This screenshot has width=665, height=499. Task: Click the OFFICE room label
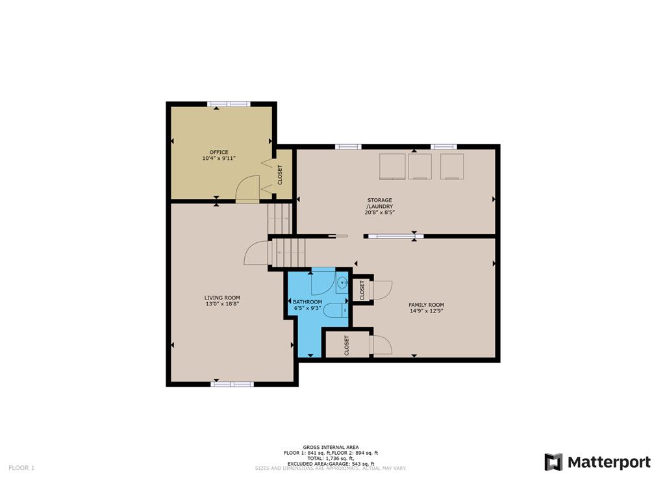point(219,152)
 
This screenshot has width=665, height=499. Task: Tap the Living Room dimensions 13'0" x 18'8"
point(222,304)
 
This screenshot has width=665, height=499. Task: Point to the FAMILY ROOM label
point(426,305)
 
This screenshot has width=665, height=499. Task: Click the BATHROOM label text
point(307,302)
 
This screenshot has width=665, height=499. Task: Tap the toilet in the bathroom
point(336,311)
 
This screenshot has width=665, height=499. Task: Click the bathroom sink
point(342,283)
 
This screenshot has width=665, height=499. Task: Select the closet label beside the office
point(280,174)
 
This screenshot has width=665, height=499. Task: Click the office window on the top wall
point(229,104)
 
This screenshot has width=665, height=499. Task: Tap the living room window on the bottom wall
point(232,385)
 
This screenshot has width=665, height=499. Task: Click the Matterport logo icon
point(553,462)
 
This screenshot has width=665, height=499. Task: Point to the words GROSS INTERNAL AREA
point(331,447)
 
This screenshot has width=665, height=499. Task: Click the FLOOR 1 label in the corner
point(21,468)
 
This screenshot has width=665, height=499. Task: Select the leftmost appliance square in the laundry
point(392,166)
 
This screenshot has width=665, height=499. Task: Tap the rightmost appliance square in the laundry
point(452,166)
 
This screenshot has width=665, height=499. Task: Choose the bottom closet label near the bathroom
point(347,346)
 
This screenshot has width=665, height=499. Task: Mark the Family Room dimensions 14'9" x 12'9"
point(426,311)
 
